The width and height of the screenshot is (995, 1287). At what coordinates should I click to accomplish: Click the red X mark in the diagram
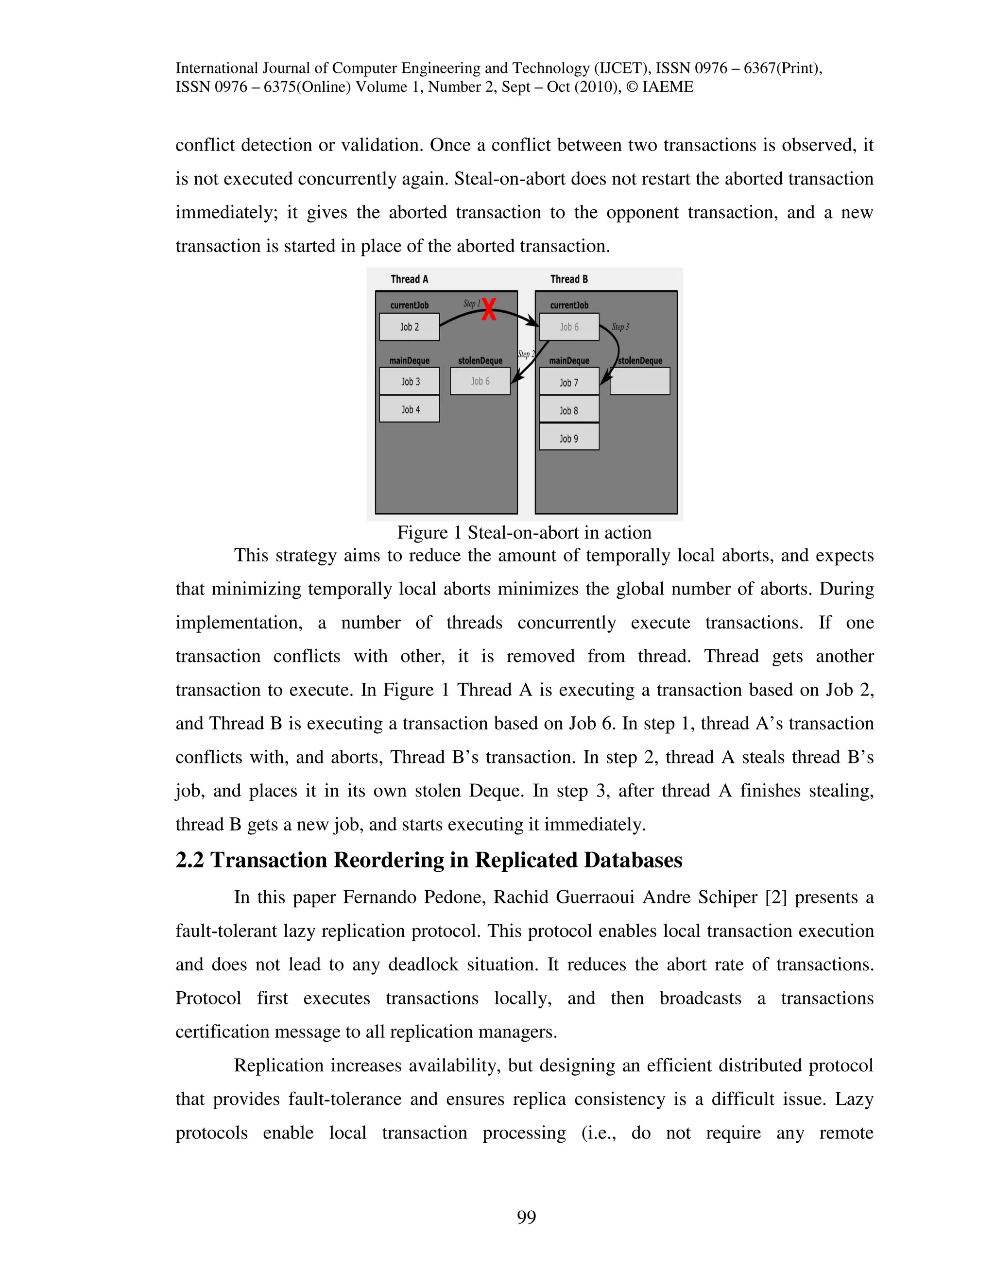[488, 309]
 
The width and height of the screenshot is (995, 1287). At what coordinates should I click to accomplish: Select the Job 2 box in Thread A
[409, 327]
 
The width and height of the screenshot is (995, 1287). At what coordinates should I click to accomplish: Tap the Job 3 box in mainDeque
[410, 381]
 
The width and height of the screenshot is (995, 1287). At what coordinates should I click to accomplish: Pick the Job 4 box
[410, 409]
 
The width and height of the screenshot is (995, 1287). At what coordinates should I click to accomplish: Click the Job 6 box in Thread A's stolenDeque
[480, 381]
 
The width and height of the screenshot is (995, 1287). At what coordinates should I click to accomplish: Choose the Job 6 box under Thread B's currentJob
[569, 327]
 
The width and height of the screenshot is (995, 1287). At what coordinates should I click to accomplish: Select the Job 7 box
[569, 382]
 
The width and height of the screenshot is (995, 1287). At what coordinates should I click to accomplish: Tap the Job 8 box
[569, 410]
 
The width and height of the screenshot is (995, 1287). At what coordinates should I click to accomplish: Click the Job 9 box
[569, 439]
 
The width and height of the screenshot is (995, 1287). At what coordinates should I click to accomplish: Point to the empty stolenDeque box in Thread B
[639, 381]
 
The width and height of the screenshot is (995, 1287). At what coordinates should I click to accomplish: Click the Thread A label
[409, 279]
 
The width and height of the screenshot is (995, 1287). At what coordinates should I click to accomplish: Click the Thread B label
[569, 279]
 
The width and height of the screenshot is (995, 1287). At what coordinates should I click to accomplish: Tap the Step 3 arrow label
[620, 326]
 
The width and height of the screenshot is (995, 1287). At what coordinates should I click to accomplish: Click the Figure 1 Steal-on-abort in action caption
[524, 533]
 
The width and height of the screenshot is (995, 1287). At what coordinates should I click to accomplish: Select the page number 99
[526, 1217]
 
